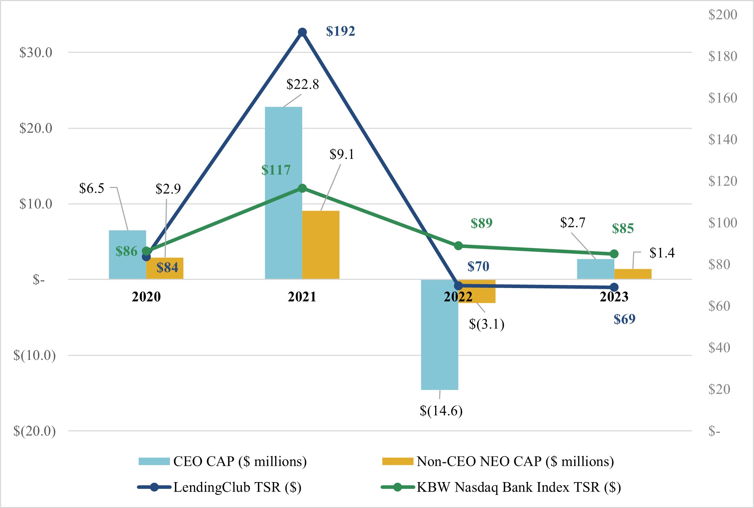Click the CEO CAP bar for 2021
(x=283, y=142)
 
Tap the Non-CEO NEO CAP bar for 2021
(x=321, y=245)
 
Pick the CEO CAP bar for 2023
(x=595, y=269)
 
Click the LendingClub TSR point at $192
(x=302, y=33)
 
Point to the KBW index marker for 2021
(x=302, y=188)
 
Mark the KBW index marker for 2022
(x=458, y=246)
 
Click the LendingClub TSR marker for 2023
(x=614, y=287)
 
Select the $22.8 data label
(x=303, y=84)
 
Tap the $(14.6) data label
(x=441, y=411)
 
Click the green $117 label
(x=276, y=170)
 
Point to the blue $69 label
(x=624, y=319)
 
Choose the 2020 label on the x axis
(x=146, y=297)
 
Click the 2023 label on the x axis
(x=614, y=297)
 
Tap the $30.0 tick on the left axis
(x=36, y=53)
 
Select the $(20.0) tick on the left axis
(x=34, y=431)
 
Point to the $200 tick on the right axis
(x=722, y=15)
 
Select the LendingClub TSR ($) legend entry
(x=237, y=487)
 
